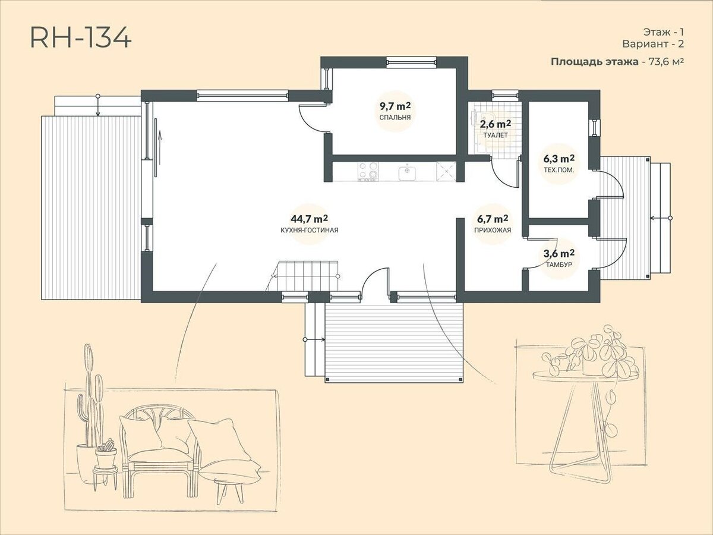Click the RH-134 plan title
[x=81, y=38]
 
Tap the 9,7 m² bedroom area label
[x=395, y=106]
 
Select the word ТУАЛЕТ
[x=496, y=135]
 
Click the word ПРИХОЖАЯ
[x=493, y=230]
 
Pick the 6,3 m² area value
[x=559, y=159]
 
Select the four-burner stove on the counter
[x=368, y=172]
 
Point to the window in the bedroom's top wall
[x=411, y=62]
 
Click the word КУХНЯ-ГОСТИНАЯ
[x=309, y=230]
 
